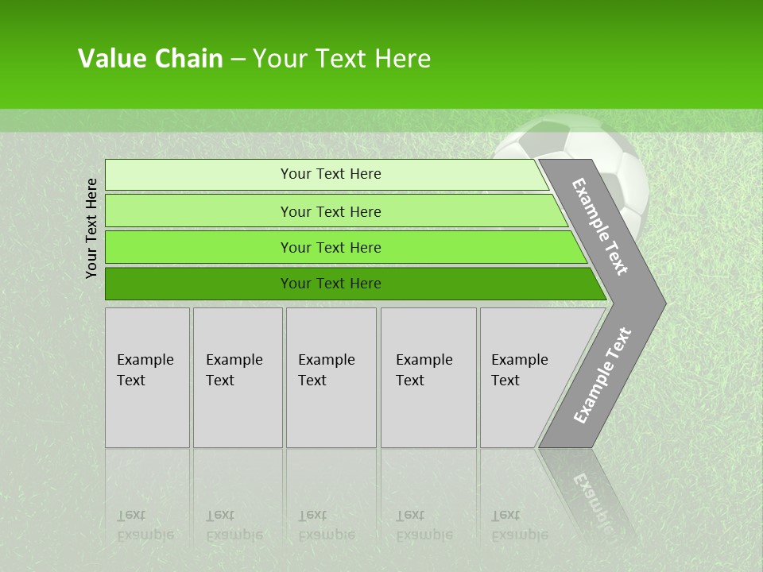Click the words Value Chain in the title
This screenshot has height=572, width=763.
pos(150,59)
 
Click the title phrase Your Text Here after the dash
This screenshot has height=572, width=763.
pos(342,59)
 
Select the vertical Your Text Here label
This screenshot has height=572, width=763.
pos(91,228)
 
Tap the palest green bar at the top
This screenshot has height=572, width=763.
pos(199,174)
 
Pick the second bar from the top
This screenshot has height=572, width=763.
pos(199,211)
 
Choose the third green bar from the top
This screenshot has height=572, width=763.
pos(199,247)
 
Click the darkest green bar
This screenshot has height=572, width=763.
pos(199,284)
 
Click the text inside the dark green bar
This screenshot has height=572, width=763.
pos(331,284)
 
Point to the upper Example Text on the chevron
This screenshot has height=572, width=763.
pos(600,226)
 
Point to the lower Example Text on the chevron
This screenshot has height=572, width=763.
pos(602,375)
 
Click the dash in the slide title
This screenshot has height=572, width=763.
pos(238,60)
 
